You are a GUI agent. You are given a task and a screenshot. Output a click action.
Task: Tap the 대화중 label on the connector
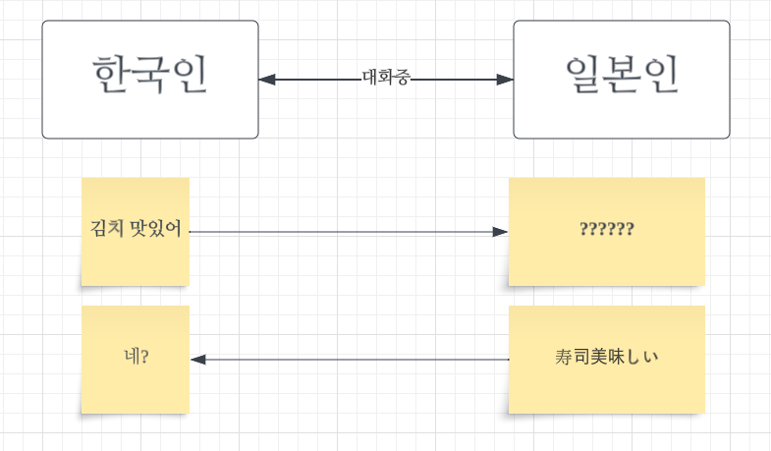(x=386, y=78)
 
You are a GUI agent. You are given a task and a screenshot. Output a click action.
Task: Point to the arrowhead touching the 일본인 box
(x=505, y=79)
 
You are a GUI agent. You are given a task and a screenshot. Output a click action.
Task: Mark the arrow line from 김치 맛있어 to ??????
(x=344, y=232)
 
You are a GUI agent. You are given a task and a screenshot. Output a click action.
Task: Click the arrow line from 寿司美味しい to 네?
(x=354, y=360)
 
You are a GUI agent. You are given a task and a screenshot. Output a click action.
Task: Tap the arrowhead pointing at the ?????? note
(x=500, y=232)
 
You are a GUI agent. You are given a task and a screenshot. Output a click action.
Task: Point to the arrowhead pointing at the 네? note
(x=198, y=360)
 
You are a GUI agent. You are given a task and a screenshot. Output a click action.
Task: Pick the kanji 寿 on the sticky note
(x=563, y=358)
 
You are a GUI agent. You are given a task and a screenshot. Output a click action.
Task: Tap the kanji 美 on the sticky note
(x=599, y=358)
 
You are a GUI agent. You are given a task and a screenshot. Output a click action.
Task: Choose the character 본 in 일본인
(x=621, y=76)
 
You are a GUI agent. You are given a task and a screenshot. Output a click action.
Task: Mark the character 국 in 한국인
(x=150, y=76)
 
